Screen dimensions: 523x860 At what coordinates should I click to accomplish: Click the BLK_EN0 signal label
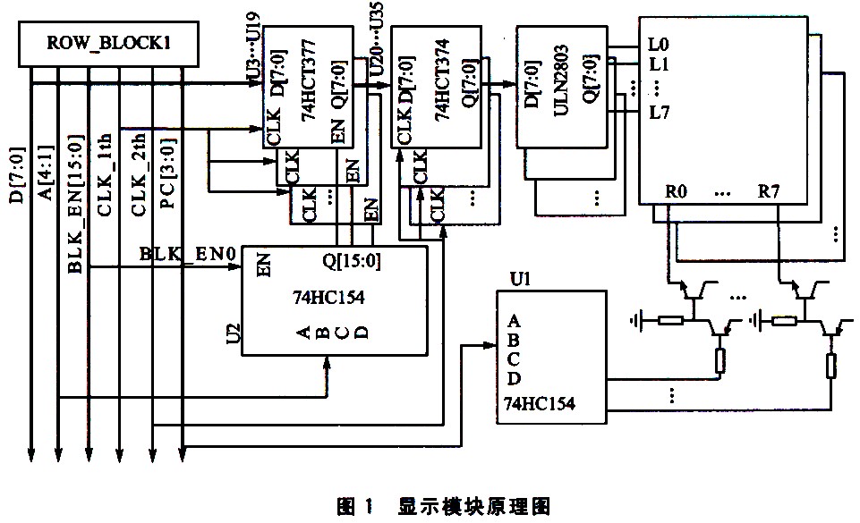point(187,256)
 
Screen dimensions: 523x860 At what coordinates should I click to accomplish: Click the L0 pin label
point(660,43)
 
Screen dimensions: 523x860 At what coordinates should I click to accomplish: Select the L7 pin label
point(660,112)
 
